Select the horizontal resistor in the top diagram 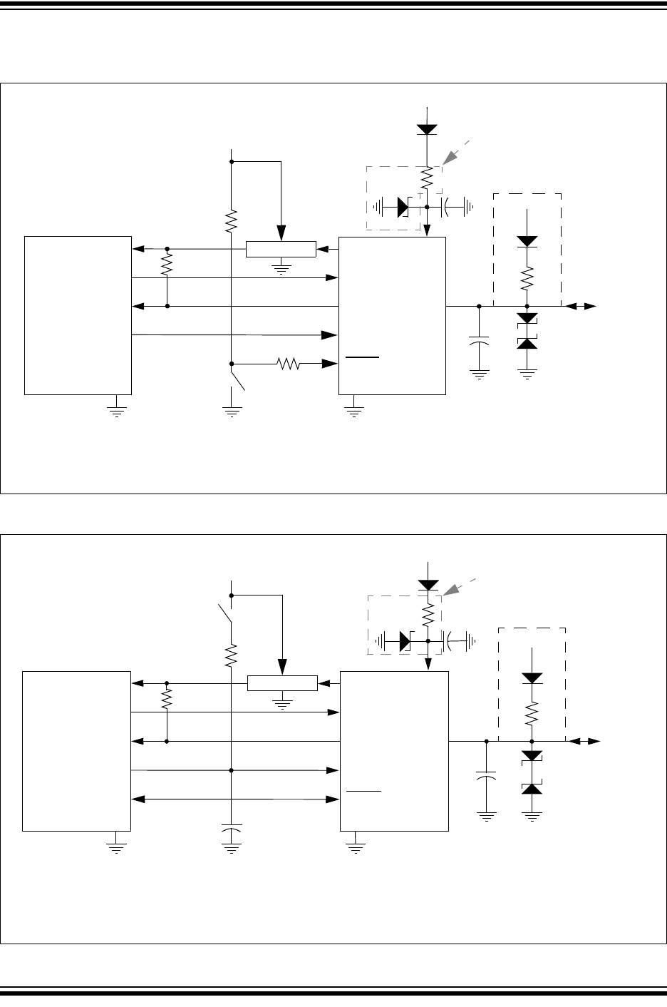coord(289,364)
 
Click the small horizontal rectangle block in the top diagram coord(280,249)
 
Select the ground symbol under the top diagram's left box coord(116,412)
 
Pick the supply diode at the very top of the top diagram coord(426,129)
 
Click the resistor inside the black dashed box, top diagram coord(527,279)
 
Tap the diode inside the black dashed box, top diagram coord(527,241)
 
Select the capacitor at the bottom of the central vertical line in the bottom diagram coord(231,832)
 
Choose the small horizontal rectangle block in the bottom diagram coord(282,683)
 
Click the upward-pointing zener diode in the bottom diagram coord(532,787)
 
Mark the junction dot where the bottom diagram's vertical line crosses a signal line coord(231,770)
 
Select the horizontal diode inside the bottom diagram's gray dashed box coord(404,641)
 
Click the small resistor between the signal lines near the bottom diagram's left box coord(167,698)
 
